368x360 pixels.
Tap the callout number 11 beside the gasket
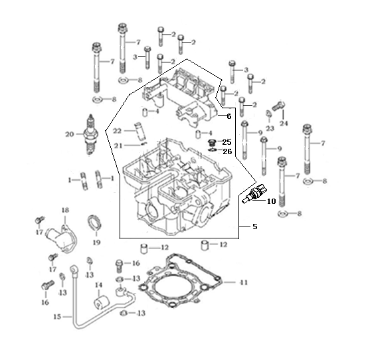243,282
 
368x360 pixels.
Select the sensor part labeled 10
254,194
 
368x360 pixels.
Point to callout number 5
255,226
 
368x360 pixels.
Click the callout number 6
229,116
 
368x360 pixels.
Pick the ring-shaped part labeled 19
94,223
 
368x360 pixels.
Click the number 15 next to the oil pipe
58,317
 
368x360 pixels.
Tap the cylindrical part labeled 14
101,303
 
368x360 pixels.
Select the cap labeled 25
212,142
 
